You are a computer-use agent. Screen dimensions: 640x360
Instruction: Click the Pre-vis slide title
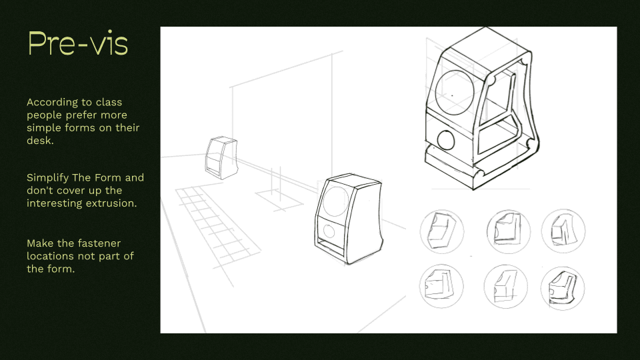click(77, 44)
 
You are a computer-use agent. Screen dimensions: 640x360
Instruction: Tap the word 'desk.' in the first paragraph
click(41, 141)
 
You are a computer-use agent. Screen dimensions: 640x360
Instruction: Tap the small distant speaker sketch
click(221, 158)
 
